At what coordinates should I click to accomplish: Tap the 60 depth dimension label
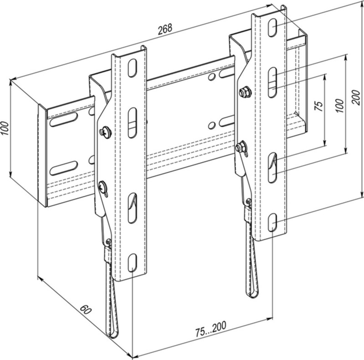click(86, 310)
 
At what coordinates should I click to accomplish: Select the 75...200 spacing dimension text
click(211, 329)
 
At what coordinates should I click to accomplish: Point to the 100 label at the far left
click(5, 129)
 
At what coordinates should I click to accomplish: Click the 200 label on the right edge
click(357, 97)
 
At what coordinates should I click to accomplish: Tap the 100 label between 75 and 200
click(339, 105)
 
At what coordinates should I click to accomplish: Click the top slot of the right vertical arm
click(272, 28)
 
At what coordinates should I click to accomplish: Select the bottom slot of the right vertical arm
click(272, 223)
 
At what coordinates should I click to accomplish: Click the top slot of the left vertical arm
click(132, 68)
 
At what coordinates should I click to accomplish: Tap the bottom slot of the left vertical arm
click(132, 263)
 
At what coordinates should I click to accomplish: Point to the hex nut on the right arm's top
click(245, 92)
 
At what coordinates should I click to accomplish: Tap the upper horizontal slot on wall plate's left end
click(64, 119)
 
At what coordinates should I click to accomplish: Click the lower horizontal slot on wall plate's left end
click(63, 168)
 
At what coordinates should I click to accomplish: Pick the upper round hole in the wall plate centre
click(212, 76)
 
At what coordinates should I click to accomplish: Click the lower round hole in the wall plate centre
click(212, 125)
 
